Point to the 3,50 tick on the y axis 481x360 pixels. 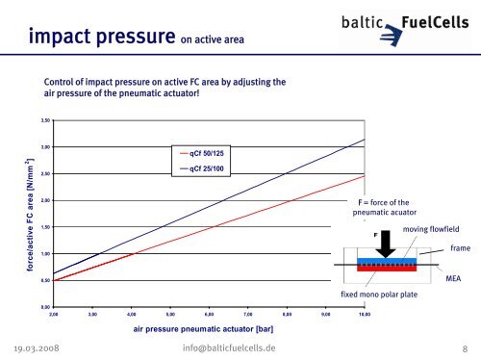44,120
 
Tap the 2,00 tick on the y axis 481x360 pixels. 44,200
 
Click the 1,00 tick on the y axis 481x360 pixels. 44,253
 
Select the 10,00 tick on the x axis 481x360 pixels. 365,315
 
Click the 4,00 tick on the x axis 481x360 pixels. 132,315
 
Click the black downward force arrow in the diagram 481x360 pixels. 385,244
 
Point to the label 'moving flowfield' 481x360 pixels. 430,229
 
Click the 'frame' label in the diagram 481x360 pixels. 459,248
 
